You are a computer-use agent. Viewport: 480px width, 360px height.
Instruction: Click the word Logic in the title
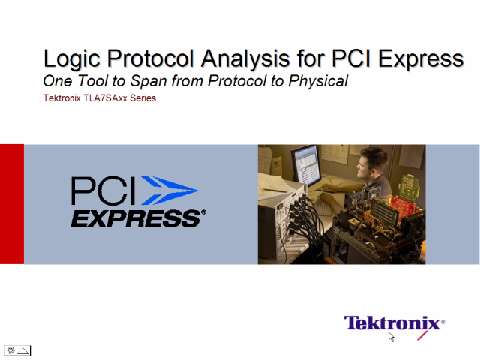point(68,59)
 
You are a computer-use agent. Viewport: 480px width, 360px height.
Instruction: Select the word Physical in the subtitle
point(316,80)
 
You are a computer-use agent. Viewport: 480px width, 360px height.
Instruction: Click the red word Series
point(144,98)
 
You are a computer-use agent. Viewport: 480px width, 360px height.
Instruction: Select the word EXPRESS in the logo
point(137,217)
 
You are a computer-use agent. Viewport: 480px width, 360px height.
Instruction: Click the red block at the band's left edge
point(11,204)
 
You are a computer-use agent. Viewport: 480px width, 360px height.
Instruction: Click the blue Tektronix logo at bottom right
point(394,323)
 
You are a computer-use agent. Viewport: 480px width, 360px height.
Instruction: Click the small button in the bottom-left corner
point(18,350)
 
